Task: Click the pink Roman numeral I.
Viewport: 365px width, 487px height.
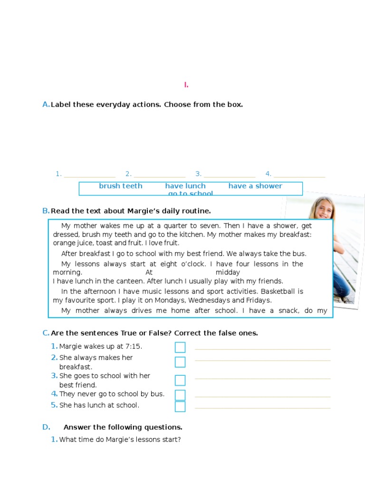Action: coord(186,85)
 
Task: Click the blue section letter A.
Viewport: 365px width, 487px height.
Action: coord(46,105)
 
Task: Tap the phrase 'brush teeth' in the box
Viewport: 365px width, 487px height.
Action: coord(120,186)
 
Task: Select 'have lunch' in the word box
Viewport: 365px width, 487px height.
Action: coord(185,186)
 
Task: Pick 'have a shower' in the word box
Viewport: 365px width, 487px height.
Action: coord(255,186)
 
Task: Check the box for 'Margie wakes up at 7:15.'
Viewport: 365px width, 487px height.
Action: coord(180,347)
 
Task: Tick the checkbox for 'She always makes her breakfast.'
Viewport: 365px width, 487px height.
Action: coord(180,362)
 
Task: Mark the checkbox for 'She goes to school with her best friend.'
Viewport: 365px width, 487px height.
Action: coord(180,380)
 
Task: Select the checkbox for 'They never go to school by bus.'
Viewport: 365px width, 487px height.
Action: coord(180,395)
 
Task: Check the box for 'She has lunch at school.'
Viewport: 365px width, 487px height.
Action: coord(180,406)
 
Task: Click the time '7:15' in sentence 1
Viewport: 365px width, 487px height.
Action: coord(134,346)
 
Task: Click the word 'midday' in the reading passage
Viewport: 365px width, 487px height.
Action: coord(228,273)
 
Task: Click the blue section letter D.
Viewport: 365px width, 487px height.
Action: coord(46,427)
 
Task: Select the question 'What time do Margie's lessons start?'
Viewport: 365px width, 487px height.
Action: coord(120,439)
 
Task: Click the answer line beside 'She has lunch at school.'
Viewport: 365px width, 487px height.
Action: coord(262,407)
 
